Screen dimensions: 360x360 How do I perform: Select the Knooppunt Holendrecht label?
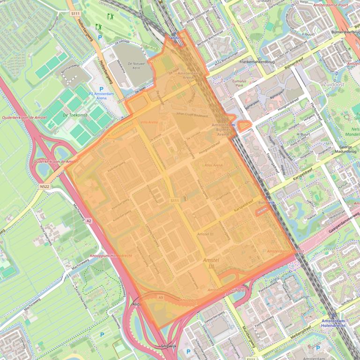pos(111,256)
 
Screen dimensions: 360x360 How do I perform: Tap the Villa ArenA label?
pos(149,122)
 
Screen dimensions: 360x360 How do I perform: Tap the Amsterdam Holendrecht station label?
pos(340,324)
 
